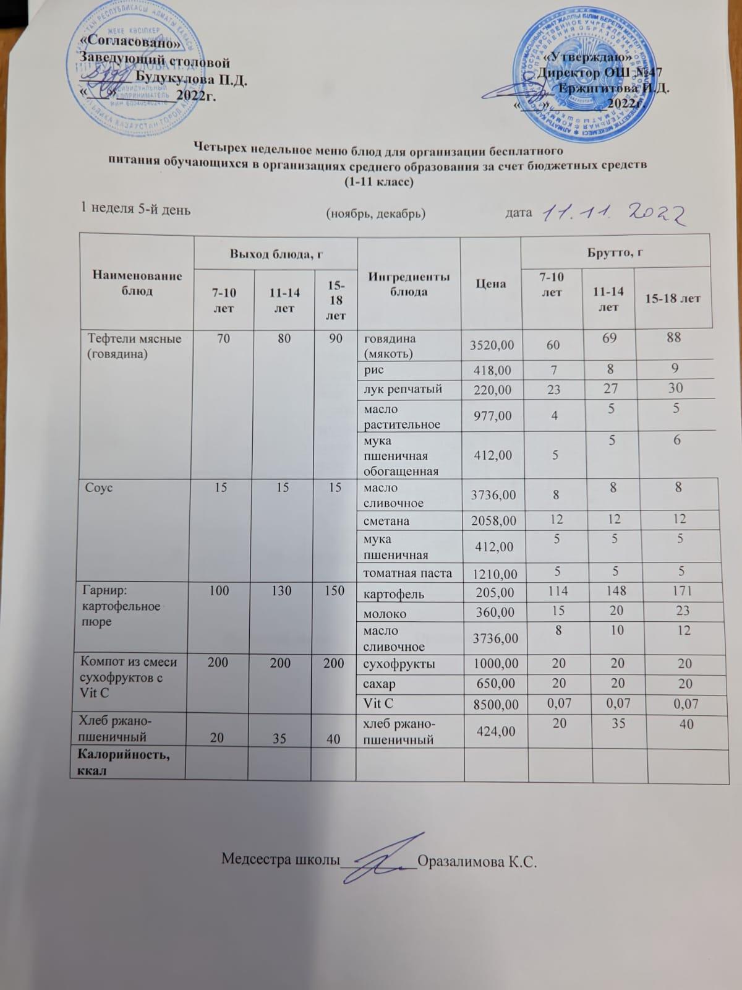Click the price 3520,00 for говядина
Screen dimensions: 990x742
point(492,346)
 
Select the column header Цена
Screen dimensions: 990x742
point(491,283)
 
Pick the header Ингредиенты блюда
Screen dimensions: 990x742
point(409,283)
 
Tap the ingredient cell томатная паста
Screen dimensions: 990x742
point(407,573)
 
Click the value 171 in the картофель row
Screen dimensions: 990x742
point(678,592)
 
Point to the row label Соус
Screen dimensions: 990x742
point(99,488)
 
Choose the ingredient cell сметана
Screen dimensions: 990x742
point(386,521)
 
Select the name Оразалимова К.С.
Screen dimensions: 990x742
point(477,861)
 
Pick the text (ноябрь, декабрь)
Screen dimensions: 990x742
point(375,213)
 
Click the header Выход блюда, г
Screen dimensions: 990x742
point(276,252)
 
